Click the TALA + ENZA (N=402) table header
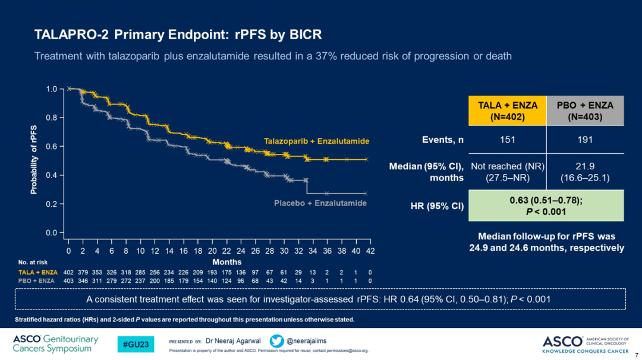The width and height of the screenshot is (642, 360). click(x=508, y=110)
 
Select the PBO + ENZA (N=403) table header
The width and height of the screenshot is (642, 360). click(x=585, y=110)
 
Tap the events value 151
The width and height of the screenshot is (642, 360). click(x=508, y=140)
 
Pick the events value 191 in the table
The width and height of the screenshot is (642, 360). click(x=585, y=140)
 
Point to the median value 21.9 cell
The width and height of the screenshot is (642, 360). click(x=585, y=172)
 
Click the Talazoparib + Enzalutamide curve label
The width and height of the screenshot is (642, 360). click(x=316, y=141)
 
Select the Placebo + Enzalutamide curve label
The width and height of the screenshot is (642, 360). click(x=320, y=203)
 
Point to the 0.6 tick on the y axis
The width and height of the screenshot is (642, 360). click(x=52, y=147)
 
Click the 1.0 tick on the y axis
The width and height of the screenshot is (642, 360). click(x=52, y=89)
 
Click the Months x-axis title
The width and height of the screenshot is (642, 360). click(x=227, y=261)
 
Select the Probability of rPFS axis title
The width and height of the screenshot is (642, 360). click(x=34, y=160)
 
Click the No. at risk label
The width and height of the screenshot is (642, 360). click(x=33, y=261)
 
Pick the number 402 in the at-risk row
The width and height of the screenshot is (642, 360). click(x=68, y=272)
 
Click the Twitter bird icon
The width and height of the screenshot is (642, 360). click(x=276, y=342)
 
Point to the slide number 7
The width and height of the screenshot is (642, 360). click(x=636, y=355)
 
